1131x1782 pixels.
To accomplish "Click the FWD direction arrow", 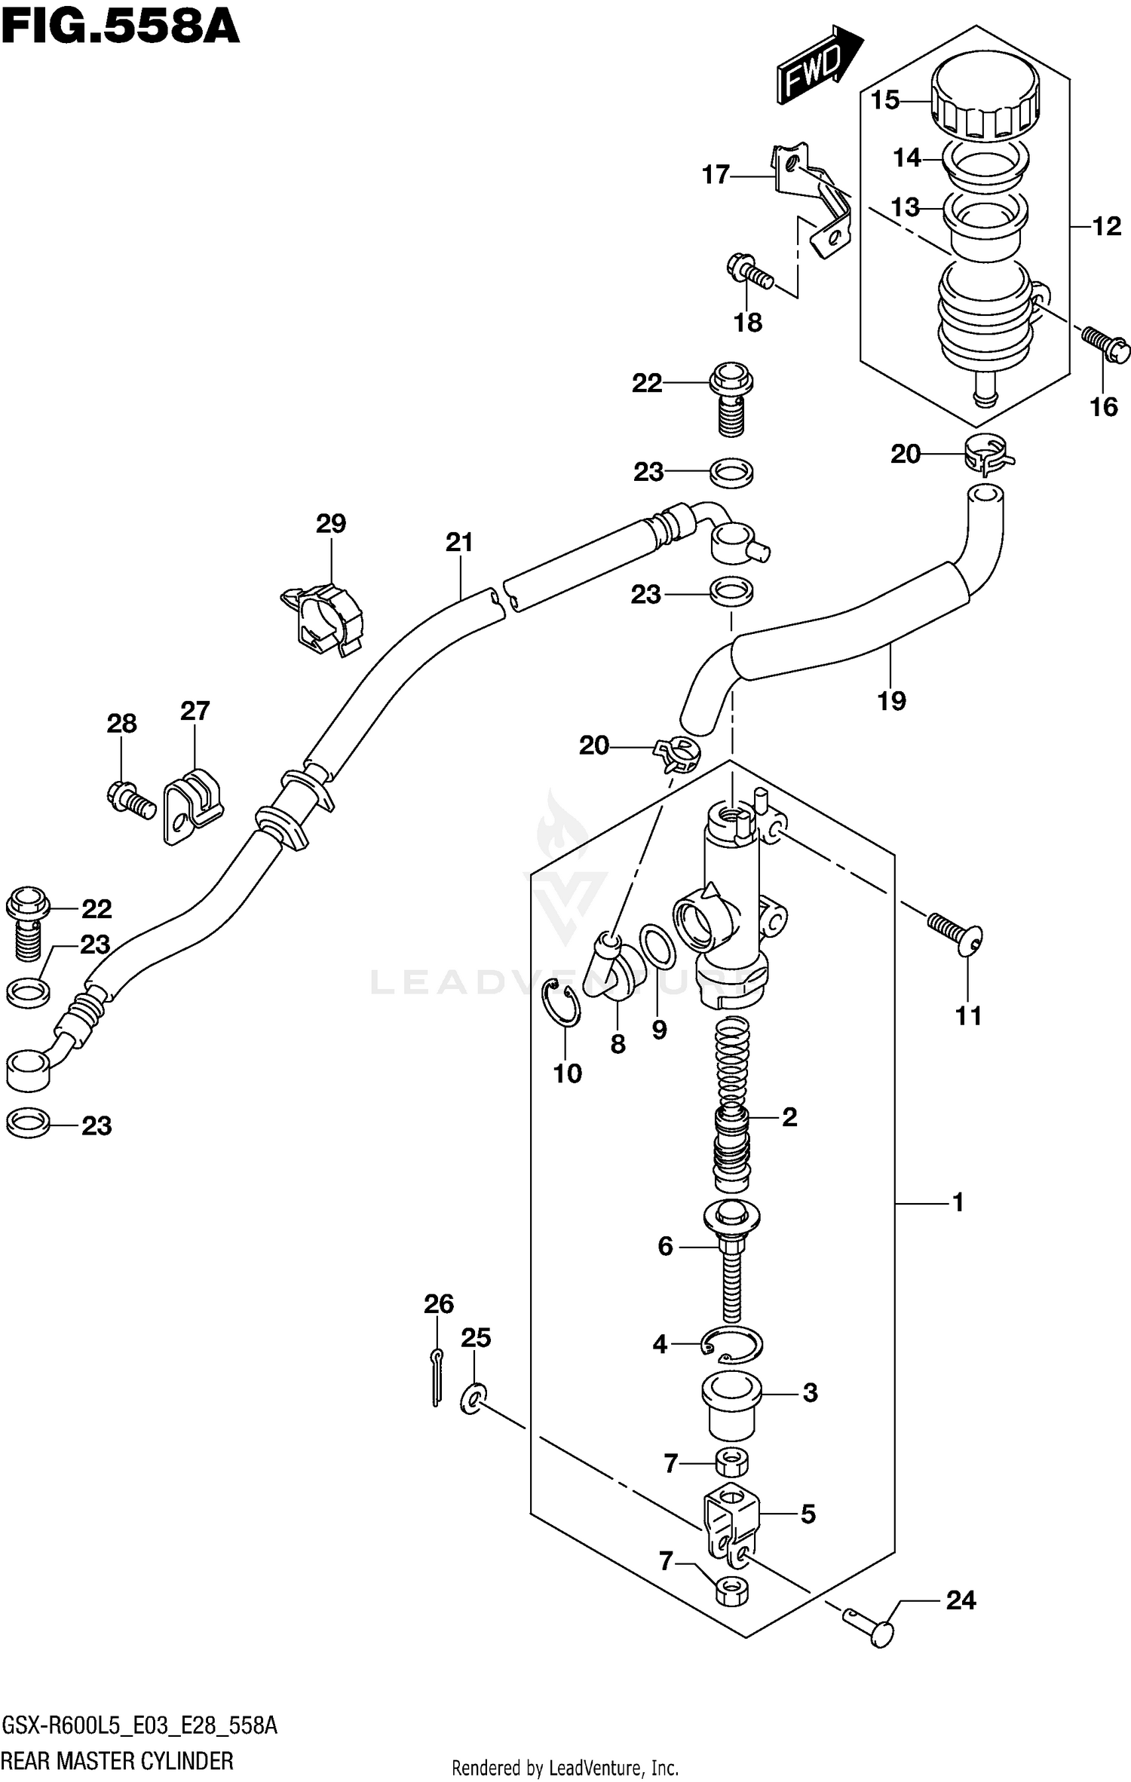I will (819, 66).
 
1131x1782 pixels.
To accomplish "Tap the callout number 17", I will (716, 176).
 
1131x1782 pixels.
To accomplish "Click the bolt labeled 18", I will (749, 273).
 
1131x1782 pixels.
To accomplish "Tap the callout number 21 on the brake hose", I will (458, 542).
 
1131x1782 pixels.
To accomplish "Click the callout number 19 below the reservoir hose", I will (890, 701).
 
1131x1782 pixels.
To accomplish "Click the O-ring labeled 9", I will (657, 947).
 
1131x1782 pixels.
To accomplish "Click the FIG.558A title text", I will (121, 29).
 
